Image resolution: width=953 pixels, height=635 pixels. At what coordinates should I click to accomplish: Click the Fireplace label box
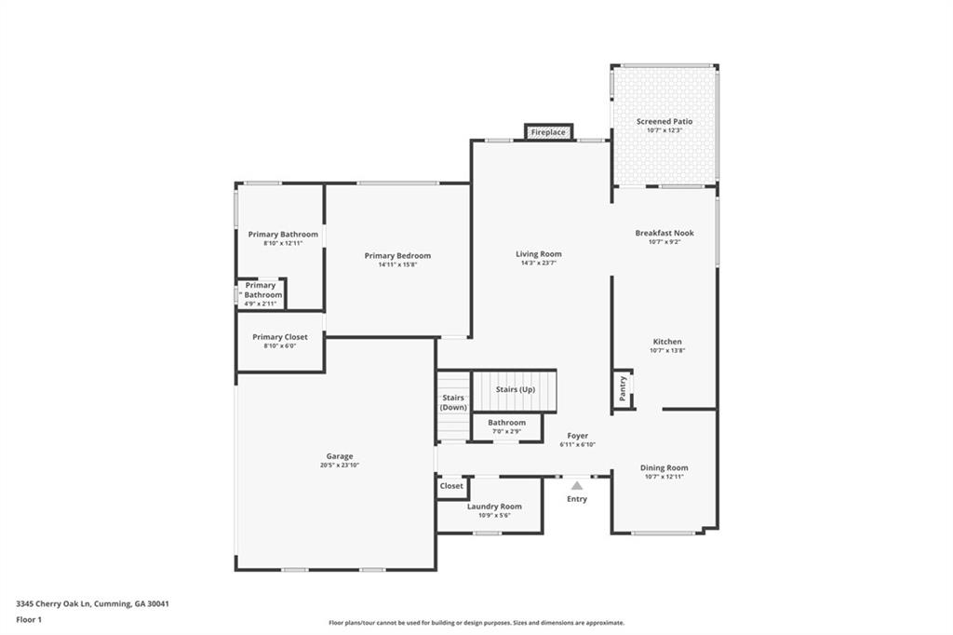tap(547, 132)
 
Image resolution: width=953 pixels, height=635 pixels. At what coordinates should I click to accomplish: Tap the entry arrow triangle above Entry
tap(577, 485)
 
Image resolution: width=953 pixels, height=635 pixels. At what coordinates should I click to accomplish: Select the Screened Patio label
tap(664, 121)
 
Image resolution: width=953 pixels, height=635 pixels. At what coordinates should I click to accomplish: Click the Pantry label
tap(623, 386)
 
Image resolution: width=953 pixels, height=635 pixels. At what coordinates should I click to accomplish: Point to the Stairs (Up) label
tap(515, 389)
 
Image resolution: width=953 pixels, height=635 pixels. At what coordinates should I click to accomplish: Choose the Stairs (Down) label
tap(453, 403)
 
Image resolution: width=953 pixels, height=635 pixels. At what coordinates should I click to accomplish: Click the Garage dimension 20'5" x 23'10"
tap(339, 465)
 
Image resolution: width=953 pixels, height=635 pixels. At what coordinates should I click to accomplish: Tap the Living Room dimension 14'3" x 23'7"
tap(539, 263)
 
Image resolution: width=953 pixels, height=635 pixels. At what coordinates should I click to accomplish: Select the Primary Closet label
tap(279, 337)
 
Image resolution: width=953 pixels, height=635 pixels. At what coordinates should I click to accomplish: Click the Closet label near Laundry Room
tap(451, 486)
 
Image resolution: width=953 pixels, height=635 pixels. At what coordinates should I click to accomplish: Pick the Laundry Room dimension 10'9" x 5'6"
tap(494, 515)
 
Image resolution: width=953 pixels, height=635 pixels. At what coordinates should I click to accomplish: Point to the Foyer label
tap(577, 436)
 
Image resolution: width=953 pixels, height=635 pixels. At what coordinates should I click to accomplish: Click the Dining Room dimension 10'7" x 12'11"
tap(664, 477)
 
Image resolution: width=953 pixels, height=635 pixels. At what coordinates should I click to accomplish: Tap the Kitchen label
tap(666, 342)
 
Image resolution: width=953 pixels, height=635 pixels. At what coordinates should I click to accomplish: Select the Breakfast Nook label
tap(664, 233)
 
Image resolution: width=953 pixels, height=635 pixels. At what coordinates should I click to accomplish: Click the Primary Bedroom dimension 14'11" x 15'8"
tap(397, 264)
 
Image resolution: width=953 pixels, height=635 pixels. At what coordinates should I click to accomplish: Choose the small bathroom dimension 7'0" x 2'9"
tap(506, 431)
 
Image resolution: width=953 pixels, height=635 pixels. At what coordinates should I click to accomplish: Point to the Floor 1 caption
tap(29, 619)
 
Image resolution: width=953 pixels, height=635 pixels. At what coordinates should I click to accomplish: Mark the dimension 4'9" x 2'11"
tap(261, 304)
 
